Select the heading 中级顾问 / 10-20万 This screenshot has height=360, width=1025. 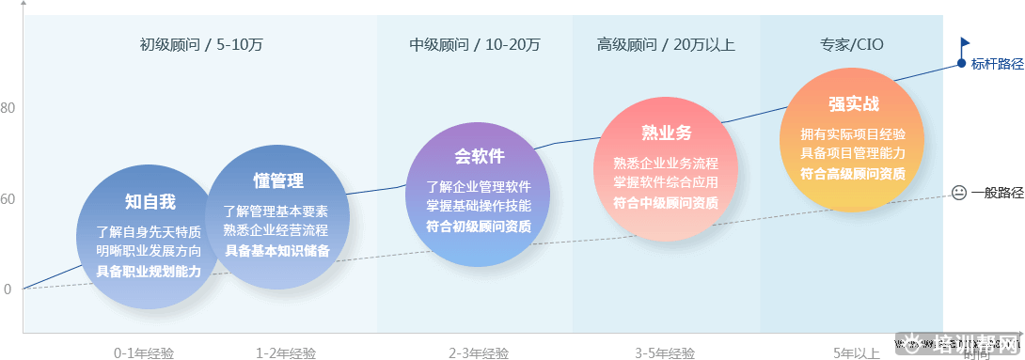pos(475,44)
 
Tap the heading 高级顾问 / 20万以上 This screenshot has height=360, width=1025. pos(666,44)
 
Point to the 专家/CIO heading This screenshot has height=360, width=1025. pos(852,44)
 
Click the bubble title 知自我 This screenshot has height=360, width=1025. pos(150,201)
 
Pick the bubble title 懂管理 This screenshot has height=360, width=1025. pos(278,180)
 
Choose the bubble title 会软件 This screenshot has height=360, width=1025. pos(480,156)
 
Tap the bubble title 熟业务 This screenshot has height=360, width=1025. pos(666,133)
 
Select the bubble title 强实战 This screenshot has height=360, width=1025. pos(854,104)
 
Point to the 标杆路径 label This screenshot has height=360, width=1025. pos(997,64)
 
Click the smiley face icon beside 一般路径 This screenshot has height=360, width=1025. pos(958,193)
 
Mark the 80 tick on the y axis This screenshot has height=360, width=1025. pos(8,108)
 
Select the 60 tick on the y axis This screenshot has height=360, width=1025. pos(8,199)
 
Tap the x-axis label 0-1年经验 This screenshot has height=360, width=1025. pos(144,353)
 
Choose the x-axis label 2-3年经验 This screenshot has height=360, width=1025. pos(479,353)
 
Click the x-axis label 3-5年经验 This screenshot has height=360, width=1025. pos(665,353)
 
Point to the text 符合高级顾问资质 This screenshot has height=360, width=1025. pos(853,173)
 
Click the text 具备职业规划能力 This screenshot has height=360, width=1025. pos(149,271)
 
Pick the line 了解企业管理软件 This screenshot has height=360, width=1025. pos(479,186)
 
